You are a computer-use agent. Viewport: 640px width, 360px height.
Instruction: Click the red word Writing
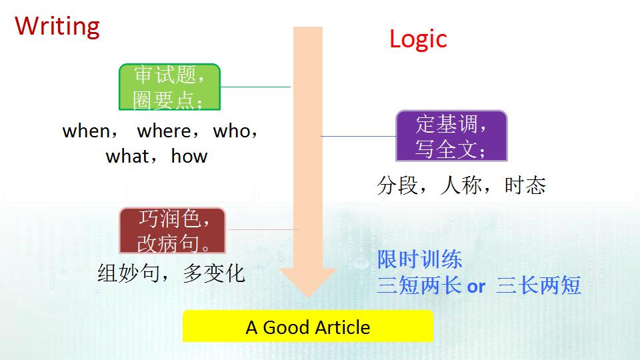point(57,27)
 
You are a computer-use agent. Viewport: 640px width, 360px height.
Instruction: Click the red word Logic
point(418,39)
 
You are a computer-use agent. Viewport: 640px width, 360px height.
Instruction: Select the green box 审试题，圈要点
point(169,87)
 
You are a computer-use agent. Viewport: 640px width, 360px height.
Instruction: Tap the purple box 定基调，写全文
point(451,136)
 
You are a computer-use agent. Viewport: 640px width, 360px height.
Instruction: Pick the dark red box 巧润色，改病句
point(172,231)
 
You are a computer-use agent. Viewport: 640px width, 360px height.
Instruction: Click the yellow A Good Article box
point(308,326)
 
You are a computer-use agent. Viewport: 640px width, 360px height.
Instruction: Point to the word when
point(86,131)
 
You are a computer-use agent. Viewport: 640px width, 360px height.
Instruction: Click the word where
point(164,131)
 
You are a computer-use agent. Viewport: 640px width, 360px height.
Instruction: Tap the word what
point(127,156)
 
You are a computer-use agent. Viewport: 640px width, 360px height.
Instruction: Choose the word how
point(189,156)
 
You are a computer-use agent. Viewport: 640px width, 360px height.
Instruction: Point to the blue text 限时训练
point(419,259)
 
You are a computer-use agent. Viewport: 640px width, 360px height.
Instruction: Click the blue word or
point(476,287)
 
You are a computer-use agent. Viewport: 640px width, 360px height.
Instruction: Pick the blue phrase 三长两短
point(539,285)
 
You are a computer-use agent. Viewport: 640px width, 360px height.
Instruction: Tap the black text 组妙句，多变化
point(171,273)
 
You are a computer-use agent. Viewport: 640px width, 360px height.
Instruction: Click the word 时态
point(525,185)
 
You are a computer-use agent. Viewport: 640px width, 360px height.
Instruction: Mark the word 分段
point(397,185)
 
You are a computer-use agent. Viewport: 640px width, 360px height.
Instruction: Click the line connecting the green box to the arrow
point(255,87)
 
